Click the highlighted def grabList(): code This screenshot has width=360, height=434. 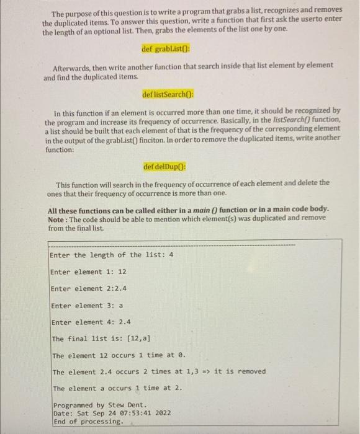pyautogui.click(x=168, y=48)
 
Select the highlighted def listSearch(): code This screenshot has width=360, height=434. pyautogui.click(x=168, y=95)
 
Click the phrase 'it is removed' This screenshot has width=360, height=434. pyautogui.click(x=240, y=371)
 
